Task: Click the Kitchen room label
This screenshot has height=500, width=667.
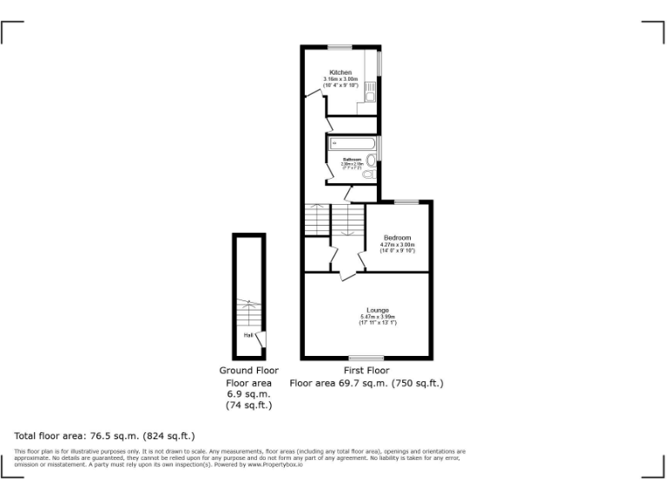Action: click(x=340, y=71)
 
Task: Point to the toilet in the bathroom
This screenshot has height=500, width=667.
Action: click(x=368, y=174)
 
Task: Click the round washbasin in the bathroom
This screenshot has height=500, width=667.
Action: click(x=372, y=160)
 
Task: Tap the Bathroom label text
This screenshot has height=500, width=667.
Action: click(x=351, y=160)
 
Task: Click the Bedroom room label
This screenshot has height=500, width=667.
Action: click(x=398, y=238)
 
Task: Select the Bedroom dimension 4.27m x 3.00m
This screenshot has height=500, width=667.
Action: click(x=398, y=245)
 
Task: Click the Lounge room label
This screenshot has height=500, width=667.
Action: click(x=378, y=310)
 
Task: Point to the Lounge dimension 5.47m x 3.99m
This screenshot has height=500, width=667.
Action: click(x=378, y=317)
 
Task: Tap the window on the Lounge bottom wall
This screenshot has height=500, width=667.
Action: click(x=366, y=357)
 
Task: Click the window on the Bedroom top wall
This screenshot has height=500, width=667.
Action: click(x=406, y=201)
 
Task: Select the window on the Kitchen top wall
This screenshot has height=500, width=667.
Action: click(x=340, y=46)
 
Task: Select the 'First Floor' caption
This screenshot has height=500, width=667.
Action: click(x=366, y=370)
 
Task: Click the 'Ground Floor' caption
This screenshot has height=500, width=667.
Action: click(x=248, y=370)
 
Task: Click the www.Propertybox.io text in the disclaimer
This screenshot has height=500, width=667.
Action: click(x=276, y=464)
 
